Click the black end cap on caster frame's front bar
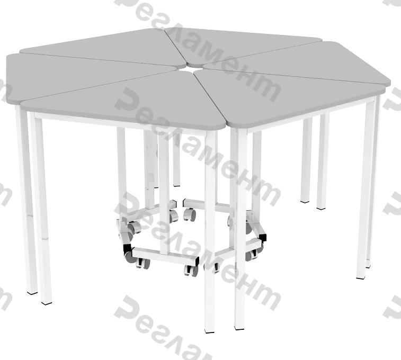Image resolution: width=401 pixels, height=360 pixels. click(x=196, y=262)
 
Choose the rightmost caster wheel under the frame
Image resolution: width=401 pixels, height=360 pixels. click(x=252, y=255)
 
